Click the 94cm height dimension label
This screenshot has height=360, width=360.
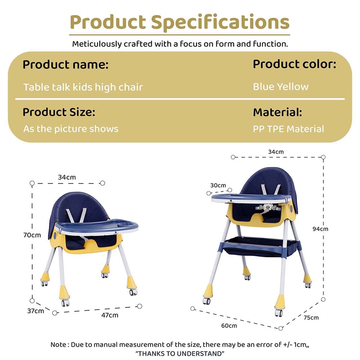pos(320,229)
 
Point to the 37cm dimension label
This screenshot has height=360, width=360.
pos(35,310)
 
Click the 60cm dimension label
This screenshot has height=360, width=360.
pos(229,325)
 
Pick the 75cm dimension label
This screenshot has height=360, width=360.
pos(311,318)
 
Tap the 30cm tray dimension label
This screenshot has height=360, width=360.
pos(218,185)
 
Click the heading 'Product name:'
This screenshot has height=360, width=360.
pos(65,65)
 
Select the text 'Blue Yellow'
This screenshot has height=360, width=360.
pos(280,87)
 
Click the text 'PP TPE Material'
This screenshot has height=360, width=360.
pos(288,129)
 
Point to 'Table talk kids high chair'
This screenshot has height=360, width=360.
pos(83,87)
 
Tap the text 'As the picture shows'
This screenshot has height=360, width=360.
pos(71,129)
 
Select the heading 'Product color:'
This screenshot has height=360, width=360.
pos(294,64)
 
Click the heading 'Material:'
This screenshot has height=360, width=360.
pos(277,112)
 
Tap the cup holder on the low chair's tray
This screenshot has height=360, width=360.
pos(126,224)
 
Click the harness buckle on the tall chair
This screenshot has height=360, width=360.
pos(267,207)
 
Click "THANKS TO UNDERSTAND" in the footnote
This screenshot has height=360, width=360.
pos(180,353)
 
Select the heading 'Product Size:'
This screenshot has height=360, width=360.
pos(59,112)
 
